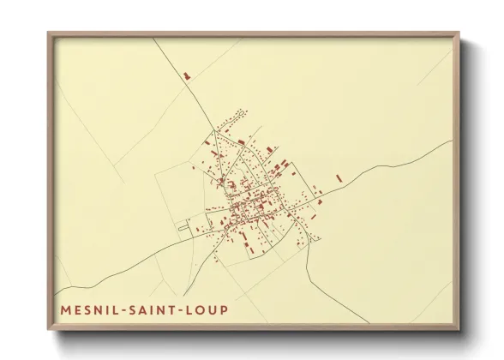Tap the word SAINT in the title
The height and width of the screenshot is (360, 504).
(x=159, y=305)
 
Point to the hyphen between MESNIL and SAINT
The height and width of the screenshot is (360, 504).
(x=125, y=306)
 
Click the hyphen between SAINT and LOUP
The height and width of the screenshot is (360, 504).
(x=191, y=306)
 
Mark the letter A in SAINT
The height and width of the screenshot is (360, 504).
(x=147, y=305)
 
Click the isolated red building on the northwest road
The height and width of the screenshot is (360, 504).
(x=186, y=76)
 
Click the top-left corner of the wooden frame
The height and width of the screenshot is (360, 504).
(x=49, y=33)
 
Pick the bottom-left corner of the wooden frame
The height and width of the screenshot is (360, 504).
(x=49, y=332)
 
